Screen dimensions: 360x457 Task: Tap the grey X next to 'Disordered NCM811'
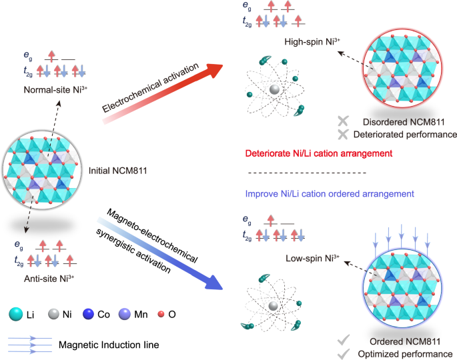(344, 121)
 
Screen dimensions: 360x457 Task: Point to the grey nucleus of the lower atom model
(274, 305)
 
